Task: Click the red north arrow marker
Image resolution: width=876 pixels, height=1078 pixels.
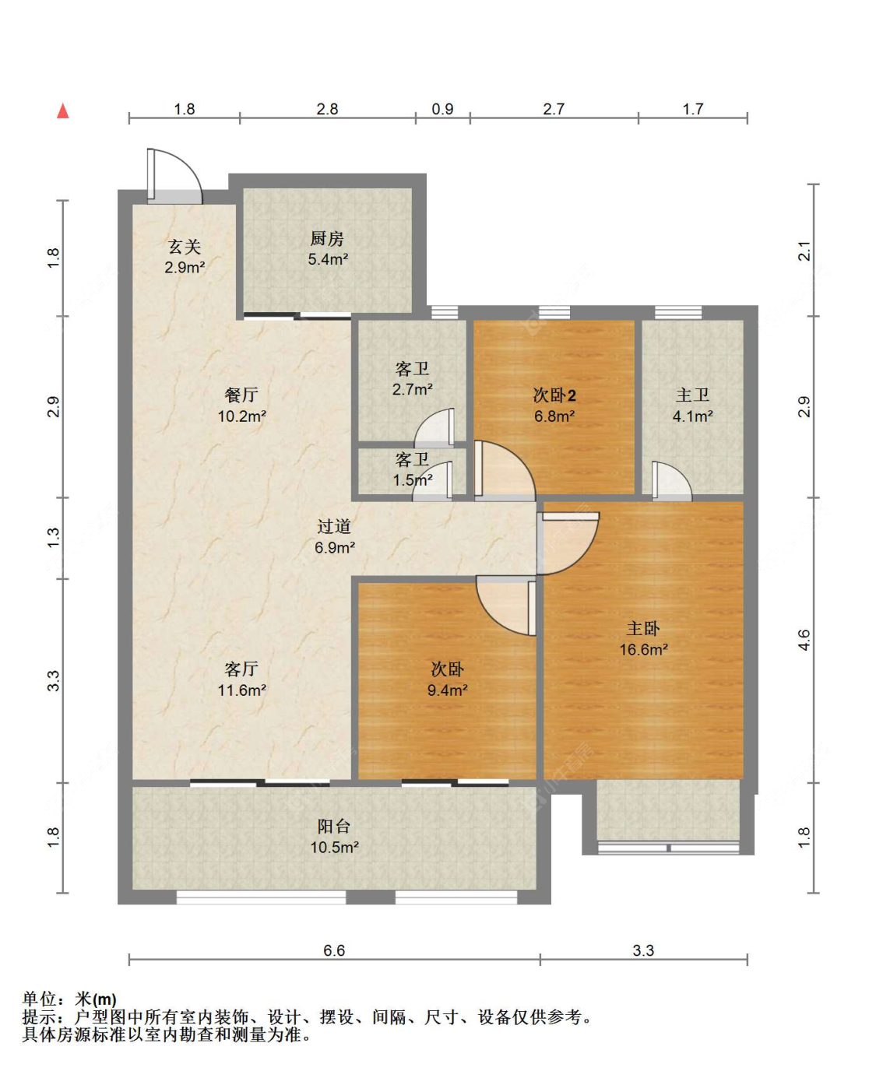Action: point(63,111)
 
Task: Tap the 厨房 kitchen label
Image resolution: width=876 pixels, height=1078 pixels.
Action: point(327,248)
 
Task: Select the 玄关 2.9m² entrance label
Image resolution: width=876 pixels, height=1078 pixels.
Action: point(185,256)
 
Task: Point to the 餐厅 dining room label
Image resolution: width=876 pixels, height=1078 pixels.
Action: point(241,405)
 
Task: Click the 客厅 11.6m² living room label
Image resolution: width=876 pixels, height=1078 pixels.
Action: point(241,679)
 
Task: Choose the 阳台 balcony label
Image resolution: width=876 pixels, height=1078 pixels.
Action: point(334,836)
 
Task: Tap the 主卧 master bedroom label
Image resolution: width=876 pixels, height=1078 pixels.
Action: point(643,638)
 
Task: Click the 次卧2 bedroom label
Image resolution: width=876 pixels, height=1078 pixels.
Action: point(554,405)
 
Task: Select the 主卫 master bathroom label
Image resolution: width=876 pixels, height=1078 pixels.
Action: point(692,405)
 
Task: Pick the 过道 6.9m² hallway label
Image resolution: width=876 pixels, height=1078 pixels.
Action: point(334,537)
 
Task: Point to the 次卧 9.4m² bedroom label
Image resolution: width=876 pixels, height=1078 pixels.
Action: point(447,679)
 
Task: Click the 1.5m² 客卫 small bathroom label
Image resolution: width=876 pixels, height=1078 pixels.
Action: point(412,470)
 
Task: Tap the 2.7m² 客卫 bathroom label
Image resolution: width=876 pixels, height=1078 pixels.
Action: point(412,378)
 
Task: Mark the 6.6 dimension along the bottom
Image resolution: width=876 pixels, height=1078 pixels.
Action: point(334,950)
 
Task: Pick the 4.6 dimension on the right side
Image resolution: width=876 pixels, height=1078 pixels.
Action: point(804,640)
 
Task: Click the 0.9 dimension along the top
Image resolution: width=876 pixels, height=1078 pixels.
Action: point(442,109)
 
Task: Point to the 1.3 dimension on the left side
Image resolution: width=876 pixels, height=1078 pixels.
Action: point(53,537)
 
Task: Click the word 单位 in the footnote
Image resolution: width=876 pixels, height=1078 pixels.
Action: point(40,999)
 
